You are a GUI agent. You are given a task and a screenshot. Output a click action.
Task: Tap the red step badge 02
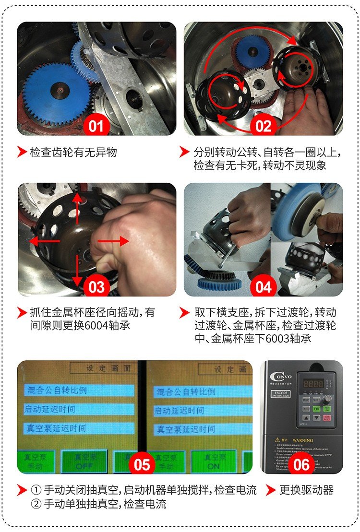[264, 127]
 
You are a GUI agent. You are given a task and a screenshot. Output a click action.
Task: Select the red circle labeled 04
[264, 287]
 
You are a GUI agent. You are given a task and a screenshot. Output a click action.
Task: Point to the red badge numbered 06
[301, 464]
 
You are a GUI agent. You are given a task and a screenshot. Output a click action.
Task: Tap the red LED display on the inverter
[313, 384]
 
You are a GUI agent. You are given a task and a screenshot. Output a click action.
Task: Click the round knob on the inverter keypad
[328, 399]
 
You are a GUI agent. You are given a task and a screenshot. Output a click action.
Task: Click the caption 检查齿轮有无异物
[73, 153]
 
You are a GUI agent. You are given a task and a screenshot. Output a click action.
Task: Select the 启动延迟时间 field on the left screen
[78, 410]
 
